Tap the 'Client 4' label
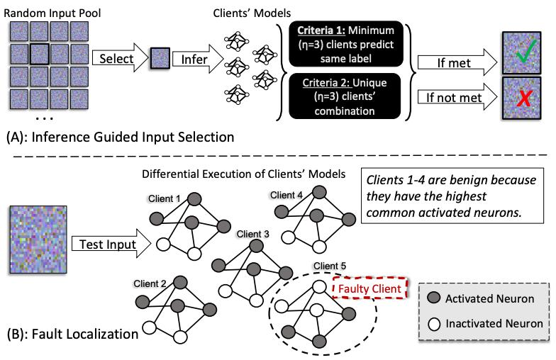pyautogui.click(x=286, y=194)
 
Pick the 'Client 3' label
pyautogui.click(x=253, y=234)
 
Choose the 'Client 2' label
pyautogui.click(x=150, y=283)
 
